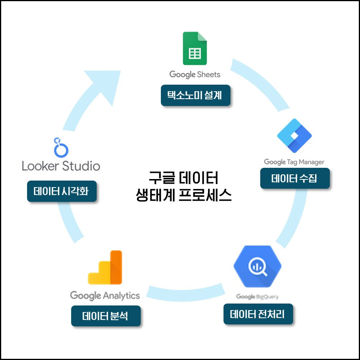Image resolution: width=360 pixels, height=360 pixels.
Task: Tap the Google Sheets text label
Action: point(195,74)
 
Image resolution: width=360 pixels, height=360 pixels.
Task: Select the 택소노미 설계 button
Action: point(195,95)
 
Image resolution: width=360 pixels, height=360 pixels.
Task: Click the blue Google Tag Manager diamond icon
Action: point(294,136)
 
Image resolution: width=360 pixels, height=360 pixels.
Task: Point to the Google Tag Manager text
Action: point(294,162)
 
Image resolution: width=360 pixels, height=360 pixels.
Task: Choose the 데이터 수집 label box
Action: point(295,178)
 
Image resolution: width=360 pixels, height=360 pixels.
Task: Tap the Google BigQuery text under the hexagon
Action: point(258,297)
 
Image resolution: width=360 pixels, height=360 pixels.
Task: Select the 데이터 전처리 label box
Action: point(258,314)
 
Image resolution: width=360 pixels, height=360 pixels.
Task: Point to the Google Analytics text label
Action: point(105,295)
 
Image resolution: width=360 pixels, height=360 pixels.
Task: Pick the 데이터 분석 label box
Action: point(106,316)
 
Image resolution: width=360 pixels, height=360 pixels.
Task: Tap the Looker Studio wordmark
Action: point(61,166)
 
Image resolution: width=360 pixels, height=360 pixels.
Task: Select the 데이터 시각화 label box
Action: point(61,191)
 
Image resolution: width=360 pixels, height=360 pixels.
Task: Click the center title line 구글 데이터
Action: point(184,179)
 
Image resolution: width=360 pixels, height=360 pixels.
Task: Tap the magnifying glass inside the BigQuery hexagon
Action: point(259,268)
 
